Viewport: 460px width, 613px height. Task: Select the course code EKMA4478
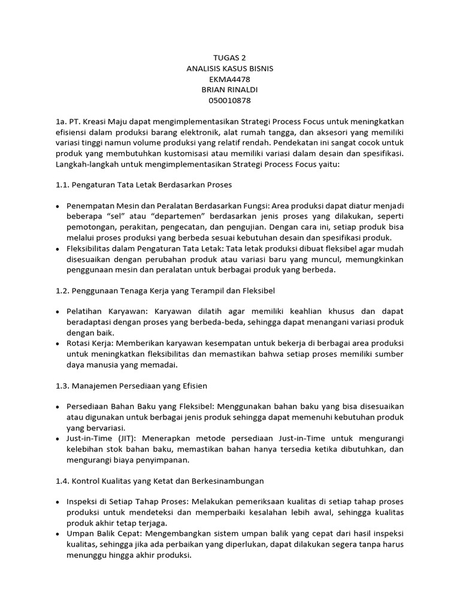pos(230,79)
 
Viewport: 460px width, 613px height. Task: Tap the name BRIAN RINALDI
pos(230,90)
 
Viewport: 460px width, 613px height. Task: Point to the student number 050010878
pos(230,100)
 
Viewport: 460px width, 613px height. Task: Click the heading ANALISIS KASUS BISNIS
pos(230,69)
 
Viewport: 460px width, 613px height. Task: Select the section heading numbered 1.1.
pos(143,185)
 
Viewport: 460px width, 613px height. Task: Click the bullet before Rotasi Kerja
pos(57,344)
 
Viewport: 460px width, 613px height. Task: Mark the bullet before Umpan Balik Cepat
pos(57,533)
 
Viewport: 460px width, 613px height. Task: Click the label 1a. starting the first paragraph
pos(62,122)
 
